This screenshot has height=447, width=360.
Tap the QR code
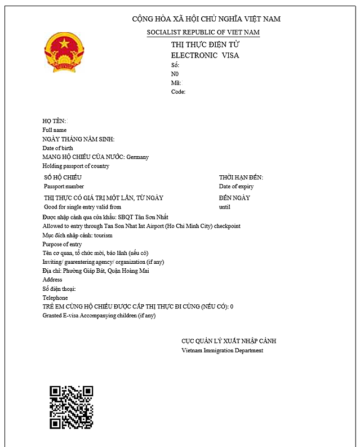coord(71,407)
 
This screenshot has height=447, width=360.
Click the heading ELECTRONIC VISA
coord(205,55)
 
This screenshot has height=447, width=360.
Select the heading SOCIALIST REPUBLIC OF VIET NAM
coord(203,32)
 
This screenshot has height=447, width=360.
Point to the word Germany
coord(137,157)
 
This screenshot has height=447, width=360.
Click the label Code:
coord(178,91)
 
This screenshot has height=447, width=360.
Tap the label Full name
coord(55,130)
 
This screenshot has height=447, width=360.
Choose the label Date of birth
coord(57,148)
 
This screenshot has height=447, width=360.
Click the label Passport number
coord(64,186)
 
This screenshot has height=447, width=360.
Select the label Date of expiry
coord(236,186)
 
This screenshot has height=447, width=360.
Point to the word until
coord(225,207)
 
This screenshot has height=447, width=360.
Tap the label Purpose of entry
coord(62,244)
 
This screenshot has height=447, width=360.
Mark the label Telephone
coord(55,298)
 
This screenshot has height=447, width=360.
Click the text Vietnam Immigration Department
coord(222,350)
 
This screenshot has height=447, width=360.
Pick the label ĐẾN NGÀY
coord(234,198)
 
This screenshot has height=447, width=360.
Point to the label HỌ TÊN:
coord(55,121)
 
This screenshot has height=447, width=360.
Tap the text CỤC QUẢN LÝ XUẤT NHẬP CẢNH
coord(228,341)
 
